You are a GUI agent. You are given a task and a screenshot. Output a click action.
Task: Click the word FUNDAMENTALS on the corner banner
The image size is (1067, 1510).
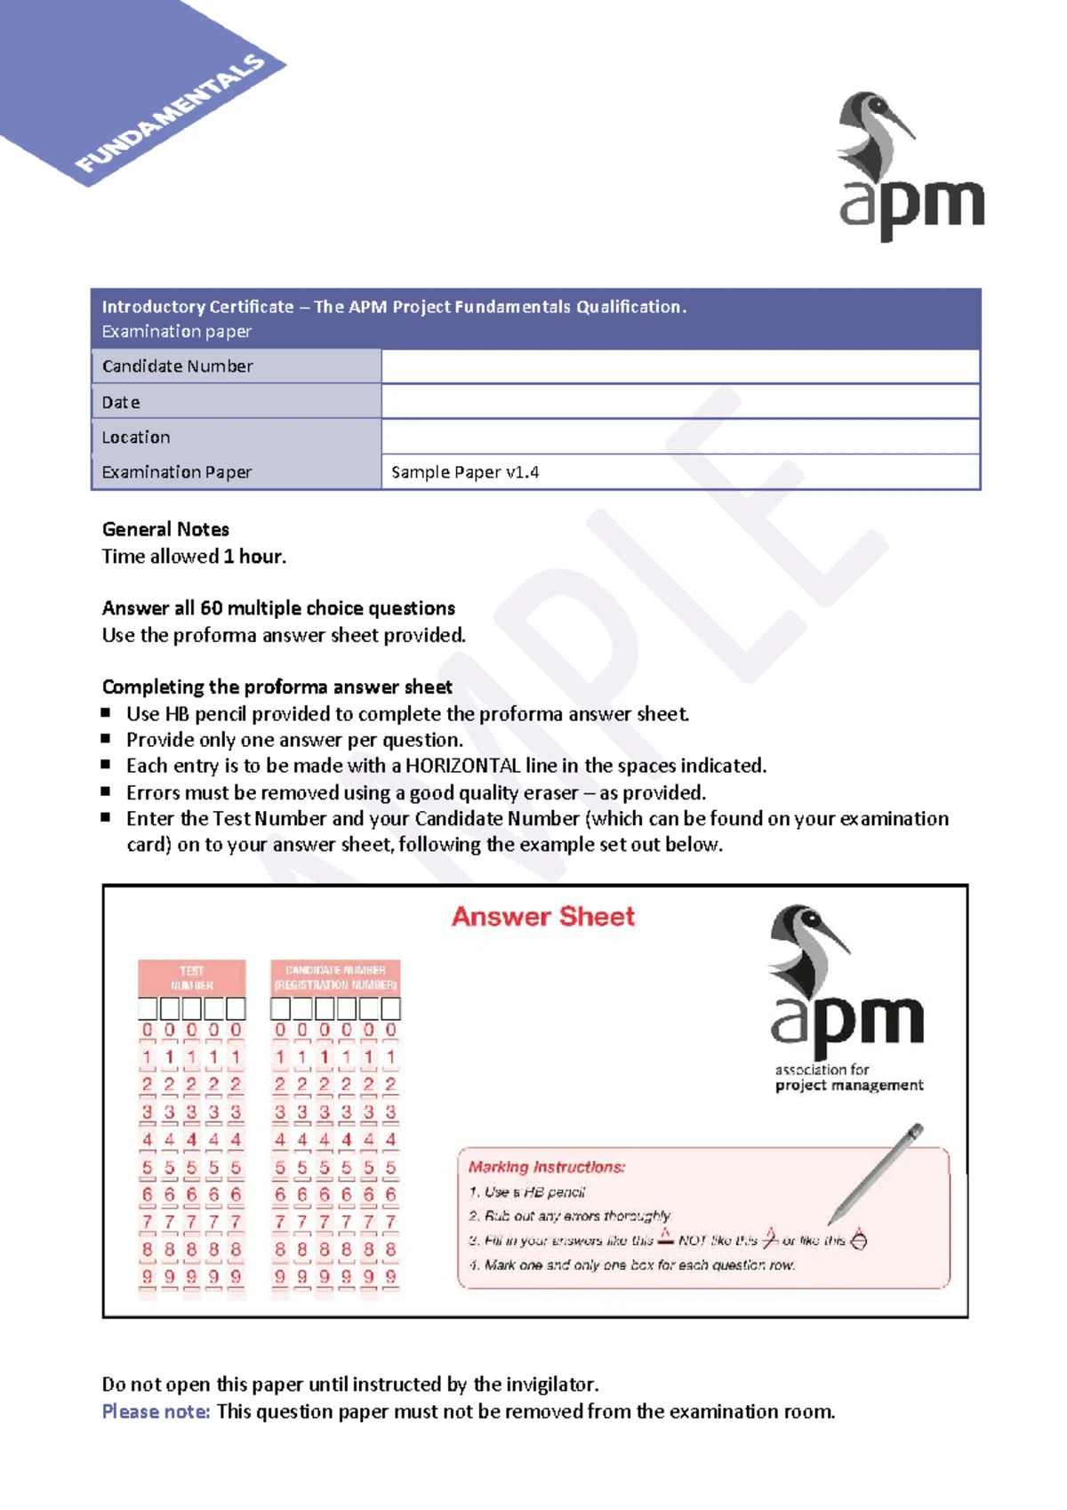pos(170,113)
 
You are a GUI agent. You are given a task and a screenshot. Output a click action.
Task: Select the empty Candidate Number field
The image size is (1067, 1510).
pos(680,366)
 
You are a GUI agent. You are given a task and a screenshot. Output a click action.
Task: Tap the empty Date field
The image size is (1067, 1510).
pos(680,402)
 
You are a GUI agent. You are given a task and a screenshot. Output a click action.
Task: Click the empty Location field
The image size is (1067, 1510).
pos(680,437)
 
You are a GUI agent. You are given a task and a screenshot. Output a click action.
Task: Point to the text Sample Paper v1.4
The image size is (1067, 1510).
pos(464,472)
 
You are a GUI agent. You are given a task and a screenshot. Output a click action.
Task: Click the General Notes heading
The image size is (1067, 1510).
pos(165,529)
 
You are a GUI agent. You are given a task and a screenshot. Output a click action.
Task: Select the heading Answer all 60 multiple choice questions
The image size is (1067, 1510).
pos(278,608)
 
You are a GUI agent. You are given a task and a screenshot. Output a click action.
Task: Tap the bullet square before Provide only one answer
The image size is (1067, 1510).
pos(106,738)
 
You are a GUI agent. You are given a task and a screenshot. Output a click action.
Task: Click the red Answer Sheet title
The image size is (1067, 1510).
pos(542,916)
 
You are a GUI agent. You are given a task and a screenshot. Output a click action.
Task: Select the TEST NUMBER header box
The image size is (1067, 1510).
pos(191,977)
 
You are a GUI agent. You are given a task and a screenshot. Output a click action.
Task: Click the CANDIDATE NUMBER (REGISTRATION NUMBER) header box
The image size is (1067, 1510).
pos(335,977)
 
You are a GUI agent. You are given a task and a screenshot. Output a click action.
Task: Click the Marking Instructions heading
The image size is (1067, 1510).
pos(546,1167)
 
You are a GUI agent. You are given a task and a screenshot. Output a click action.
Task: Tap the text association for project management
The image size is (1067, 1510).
pos(847,1077)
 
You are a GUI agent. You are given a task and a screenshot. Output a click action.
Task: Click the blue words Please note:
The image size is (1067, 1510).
pos(156,1411)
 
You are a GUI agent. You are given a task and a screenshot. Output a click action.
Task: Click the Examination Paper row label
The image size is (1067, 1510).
pos(176,472)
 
